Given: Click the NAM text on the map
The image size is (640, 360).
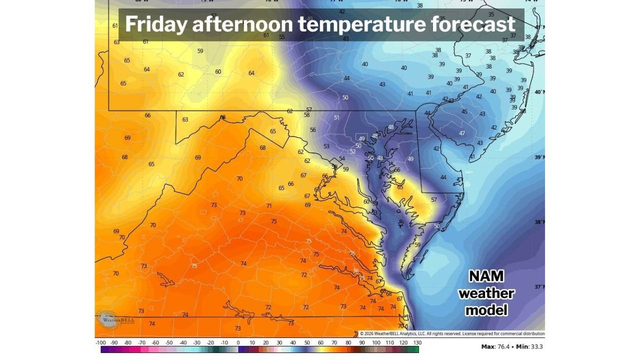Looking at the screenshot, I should click(x=486, y=276).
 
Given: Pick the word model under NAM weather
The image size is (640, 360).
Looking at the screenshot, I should click(x=486, y=310).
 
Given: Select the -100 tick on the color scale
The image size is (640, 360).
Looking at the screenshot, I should click(x=100, y=343).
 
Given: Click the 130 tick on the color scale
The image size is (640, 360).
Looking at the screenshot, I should click(x=417, y=343).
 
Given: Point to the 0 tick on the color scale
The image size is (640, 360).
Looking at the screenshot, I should click(x=238, y=343).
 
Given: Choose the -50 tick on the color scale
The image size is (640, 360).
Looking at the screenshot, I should click(x=169, y=343).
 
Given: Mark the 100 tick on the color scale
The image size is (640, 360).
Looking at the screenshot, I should click(x=376, y=343).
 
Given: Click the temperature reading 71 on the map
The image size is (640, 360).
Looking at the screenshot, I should click(x=269, y=205).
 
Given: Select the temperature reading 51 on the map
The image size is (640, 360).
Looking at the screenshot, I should click(x=336, y=117).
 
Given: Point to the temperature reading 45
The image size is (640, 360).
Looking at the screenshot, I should click(x=464, y=111).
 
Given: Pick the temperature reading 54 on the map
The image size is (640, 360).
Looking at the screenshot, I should click(x=342, y=158).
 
